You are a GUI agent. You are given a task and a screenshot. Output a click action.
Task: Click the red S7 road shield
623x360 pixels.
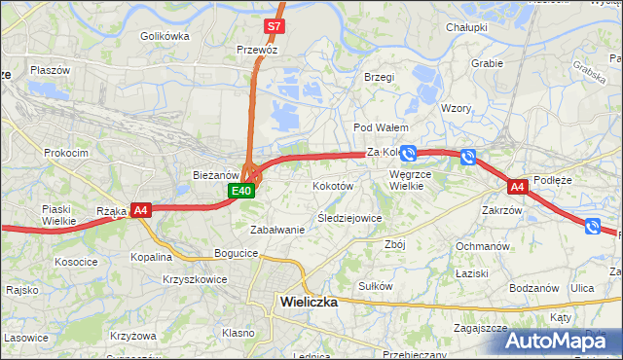pos(274,26)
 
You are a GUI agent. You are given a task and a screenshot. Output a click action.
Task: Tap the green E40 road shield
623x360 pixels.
pos(242,192)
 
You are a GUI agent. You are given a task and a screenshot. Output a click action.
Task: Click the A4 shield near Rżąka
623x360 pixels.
pos(140,209)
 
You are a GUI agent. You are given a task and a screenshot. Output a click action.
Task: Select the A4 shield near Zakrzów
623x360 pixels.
pos(517,186)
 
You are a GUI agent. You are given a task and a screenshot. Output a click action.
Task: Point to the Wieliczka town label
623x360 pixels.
pos(309,302)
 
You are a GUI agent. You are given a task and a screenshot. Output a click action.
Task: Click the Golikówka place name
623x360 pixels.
pos(165,36)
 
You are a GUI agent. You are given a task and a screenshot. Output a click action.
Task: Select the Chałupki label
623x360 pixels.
pos(466,27)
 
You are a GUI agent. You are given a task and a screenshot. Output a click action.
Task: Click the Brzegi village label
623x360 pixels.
pos(379,77)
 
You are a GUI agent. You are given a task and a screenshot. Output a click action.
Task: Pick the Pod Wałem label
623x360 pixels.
pos(380,127)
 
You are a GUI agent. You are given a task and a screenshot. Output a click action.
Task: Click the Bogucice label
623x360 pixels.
pos(237,253)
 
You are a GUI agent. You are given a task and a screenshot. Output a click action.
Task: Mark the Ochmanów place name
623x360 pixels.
pos(483,246)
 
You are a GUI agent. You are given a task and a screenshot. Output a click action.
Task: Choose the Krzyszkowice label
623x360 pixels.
pos(195,279)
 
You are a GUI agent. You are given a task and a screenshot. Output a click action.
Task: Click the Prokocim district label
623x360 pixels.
pos(66,153)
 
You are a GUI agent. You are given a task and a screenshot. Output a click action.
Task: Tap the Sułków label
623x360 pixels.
pos(375,286)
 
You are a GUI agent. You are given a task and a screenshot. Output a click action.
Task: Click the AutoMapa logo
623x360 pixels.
pos(562,341)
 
